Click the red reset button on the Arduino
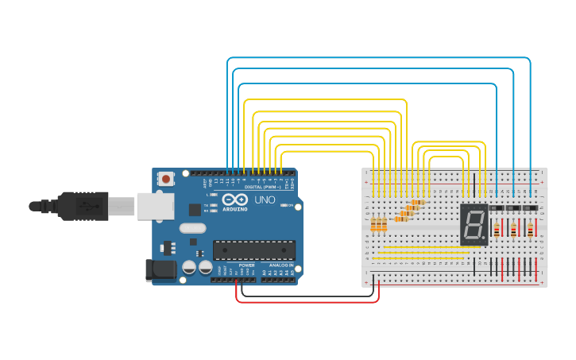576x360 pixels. click(x=165, y=179)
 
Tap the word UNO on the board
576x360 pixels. click(x=265, y=200)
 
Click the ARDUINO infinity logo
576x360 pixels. click(x=234, y=200)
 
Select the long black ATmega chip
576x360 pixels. click(x=253, y=250)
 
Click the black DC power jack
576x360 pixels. click(x=160, y=270)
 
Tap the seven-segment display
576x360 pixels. click(x=474, y=224)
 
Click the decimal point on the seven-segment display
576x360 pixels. click(x=483, y=238)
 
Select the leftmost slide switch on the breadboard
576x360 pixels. click(x=497, y=208)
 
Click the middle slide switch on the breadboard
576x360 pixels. click(x=514, y=208)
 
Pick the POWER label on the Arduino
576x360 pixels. click(x=246, y=265)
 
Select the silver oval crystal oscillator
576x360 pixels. click(x=192, y=228)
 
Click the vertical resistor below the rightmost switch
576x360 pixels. click(x=530, y=230)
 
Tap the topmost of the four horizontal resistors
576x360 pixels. click(x=416, y=203)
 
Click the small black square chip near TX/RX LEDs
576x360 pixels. click(x=195, y=210)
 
